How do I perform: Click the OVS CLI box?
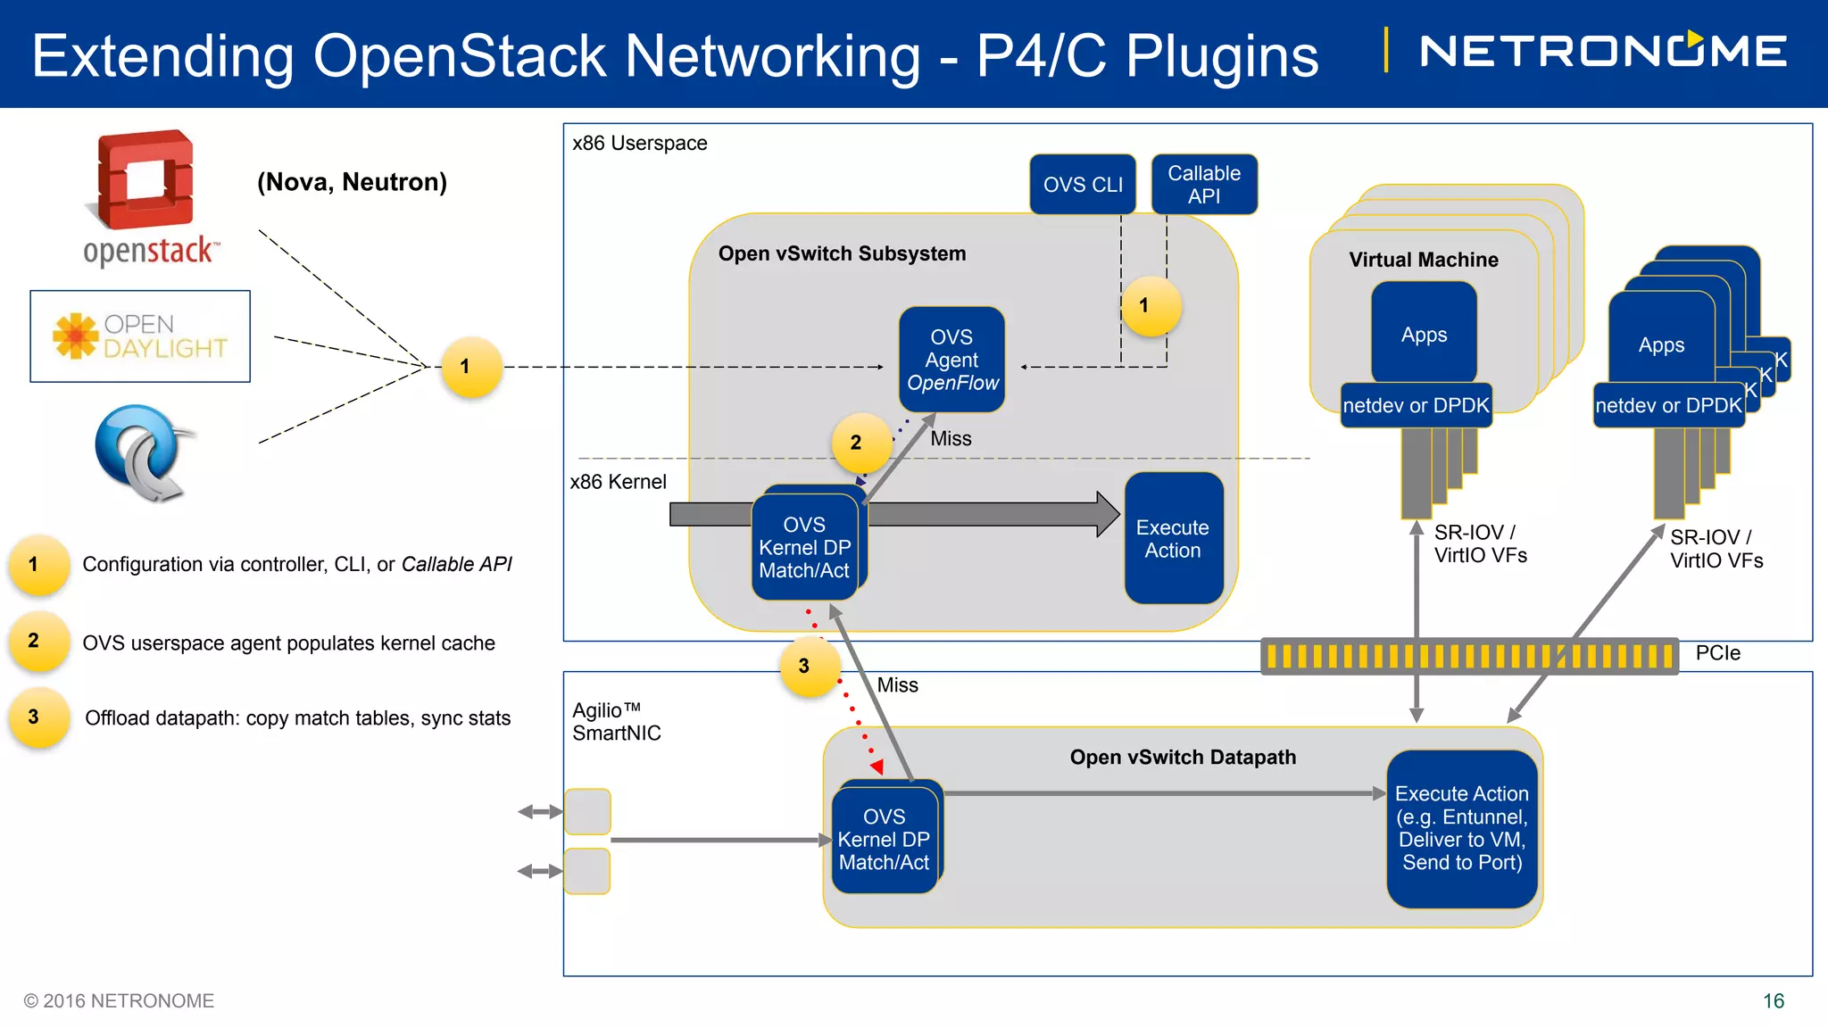click(x=1082, y=185)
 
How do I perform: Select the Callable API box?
click(x=1204, y=185)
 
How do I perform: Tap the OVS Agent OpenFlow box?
click(x=951, y=360)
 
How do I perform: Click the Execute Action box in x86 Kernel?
click(x=1173, y=538)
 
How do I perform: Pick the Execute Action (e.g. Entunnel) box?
click(x=1461, y=828)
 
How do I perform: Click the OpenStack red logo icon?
click(x=145, y=179)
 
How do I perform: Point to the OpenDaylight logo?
click(x=140, y=336)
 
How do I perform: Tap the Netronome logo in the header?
click(x=1603, y=51)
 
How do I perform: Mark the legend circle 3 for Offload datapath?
click(x=35, y=717)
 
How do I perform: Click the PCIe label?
click(x=1717, y=653)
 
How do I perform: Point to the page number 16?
click(x=1773, y=1001)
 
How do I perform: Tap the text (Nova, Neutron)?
click(x=352, y=182)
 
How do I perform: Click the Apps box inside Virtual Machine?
click(x=1424, y=335)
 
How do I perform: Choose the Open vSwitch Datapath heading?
click(x=1183, y=757)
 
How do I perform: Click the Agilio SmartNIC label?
click(x=617, y=721)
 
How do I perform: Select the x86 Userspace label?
click(x=639, y=143)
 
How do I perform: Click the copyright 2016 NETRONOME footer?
click(x=119, y=1001)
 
